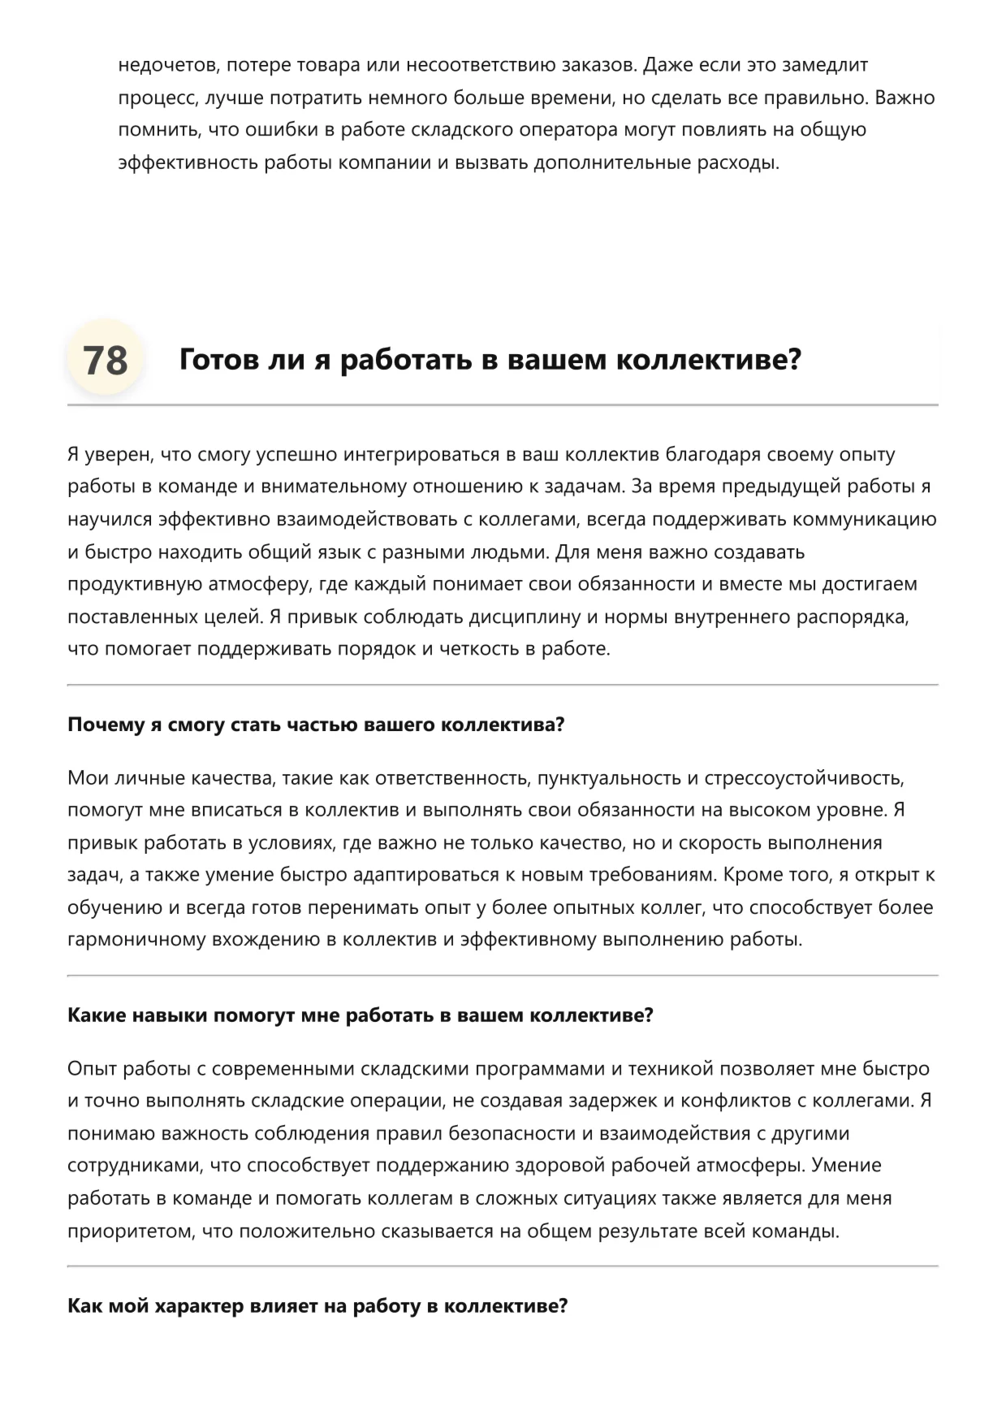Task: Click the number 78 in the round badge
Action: click(x=106, y=360)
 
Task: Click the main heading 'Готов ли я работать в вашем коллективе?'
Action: click(x=490, y=359)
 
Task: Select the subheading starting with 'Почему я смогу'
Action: click(x=315, y=725)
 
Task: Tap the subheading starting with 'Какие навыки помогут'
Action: click(x=360, y=1015)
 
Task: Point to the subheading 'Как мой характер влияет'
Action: click(x=317, y=1306)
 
